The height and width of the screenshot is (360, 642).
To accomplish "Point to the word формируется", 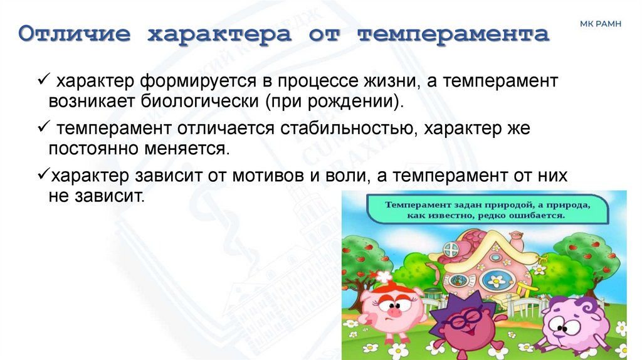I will [194, 82].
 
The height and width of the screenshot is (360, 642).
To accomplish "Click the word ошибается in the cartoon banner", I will [538, 214].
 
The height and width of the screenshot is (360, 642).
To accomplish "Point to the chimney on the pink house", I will [516, 239].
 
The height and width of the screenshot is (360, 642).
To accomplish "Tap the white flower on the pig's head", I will [382, 277].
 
